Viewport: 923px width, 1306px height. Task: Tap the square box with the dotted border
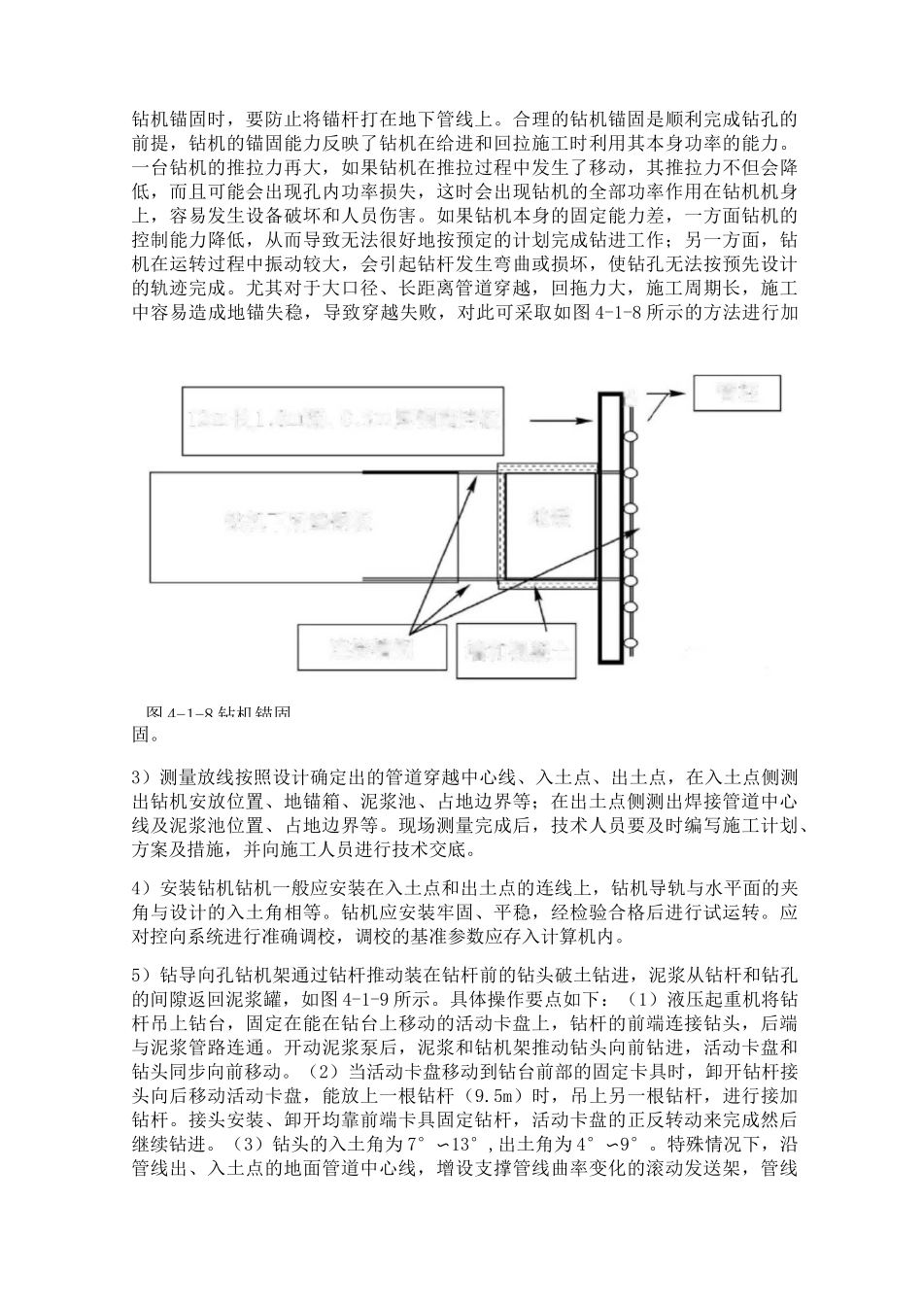point(546,526)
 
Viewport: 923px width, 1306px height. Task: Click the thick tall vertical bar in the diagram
point(610,527)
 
